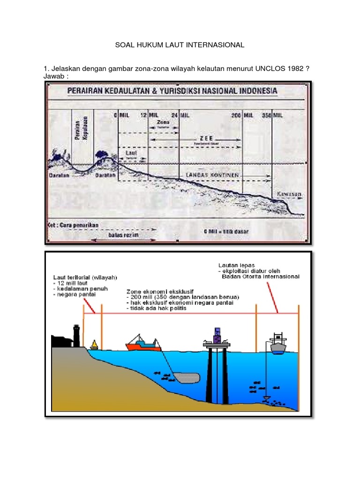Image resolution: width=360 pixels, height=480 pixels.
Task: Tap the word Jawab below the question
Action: (54, 76)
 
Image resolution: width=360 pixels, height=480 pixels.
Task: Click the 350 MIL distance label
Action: (272, 114)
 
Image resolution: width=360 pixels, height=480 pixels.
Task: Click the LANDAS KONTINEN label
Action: (210, 174)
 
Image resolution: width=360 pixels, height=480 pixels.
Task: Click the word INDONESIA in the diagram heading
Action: (253, 90)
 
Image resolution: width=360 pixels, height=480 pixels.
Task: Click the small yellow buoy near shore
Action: (94, 345)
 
